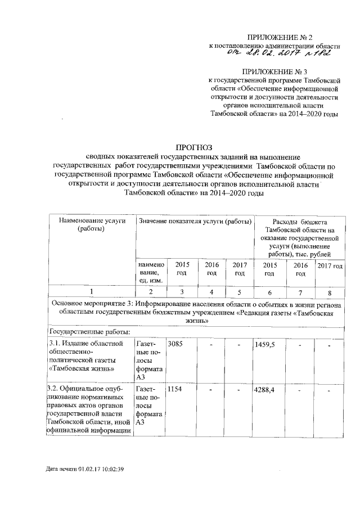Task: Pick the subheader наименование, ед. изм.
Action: [149, 273]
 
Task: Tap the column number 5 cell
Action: [240, 292]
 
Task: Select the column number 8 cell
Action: [330, 292]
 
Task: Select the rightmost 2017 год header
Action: [330, 265]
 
